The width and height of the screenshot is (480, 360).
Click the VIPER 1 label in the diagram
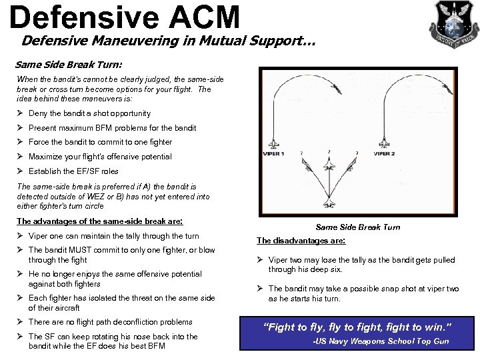[x=274, y=153]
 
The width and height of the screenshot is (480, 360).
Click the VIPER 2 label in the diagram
[x=384, y=153]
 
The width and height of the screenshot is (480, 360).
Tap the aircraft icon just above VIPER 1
[x=274, y=143]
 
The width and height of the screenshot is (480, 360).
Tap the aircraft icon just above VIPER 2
[x=384, y=143]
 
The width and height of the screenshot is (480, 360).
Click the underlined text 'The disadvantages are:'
[x=301, y=241]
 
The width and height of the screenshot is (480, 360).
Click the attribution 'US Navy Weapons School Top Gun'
[x=381, y=341]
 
